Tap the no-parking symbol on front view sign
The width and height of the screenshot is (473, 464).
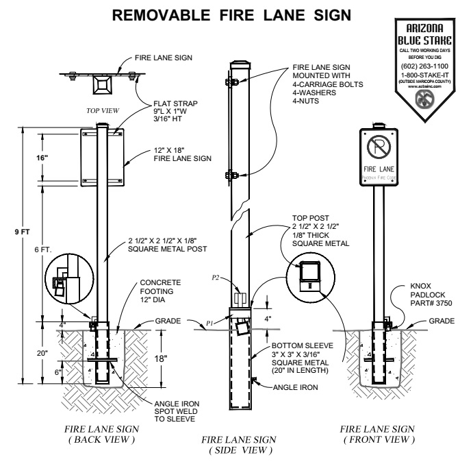(377, 147)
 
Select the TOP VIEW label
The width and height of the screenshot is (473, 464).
(103, 109)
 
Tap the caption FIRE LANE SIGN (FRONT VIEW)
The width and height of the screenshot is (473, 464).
(379, 434)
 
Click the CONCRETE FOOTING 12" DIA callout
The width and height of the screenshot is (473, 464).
(161, 290)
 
